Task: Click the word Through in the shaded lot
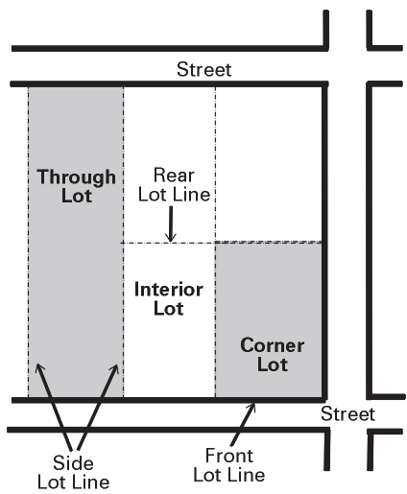[x=76, y=176]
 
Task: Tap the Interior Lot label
[x=169, y=298]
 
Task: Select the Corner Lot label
[x=272, y=354]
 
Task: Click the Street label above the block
[x=203, y=69]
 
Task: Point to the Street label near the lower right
[x=347, y=413]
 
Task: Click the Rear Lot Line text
[x=174, y=184]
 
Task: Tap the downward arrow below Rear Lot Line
[x=171, y=223]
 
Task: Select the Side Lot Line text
[x=73, y=472]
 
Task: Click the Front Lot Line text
[x=229, y=465]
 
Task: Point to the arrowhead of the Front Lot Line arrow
[x=254, y=404]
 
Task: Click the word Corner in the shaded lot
[x=272, y=345]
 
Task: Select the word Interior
[x=169, y=290]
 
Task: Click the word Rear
[x=174, y=176]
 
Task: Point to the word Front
[x=229, y=456]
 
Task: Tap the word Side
[x=73, y=462]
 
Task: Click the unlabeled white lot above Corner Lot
[x=269, y=164]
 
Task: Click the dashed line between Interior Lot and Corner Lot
[x=215, y=319]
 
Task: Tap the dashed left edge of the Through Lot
[x=29, y=242]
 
